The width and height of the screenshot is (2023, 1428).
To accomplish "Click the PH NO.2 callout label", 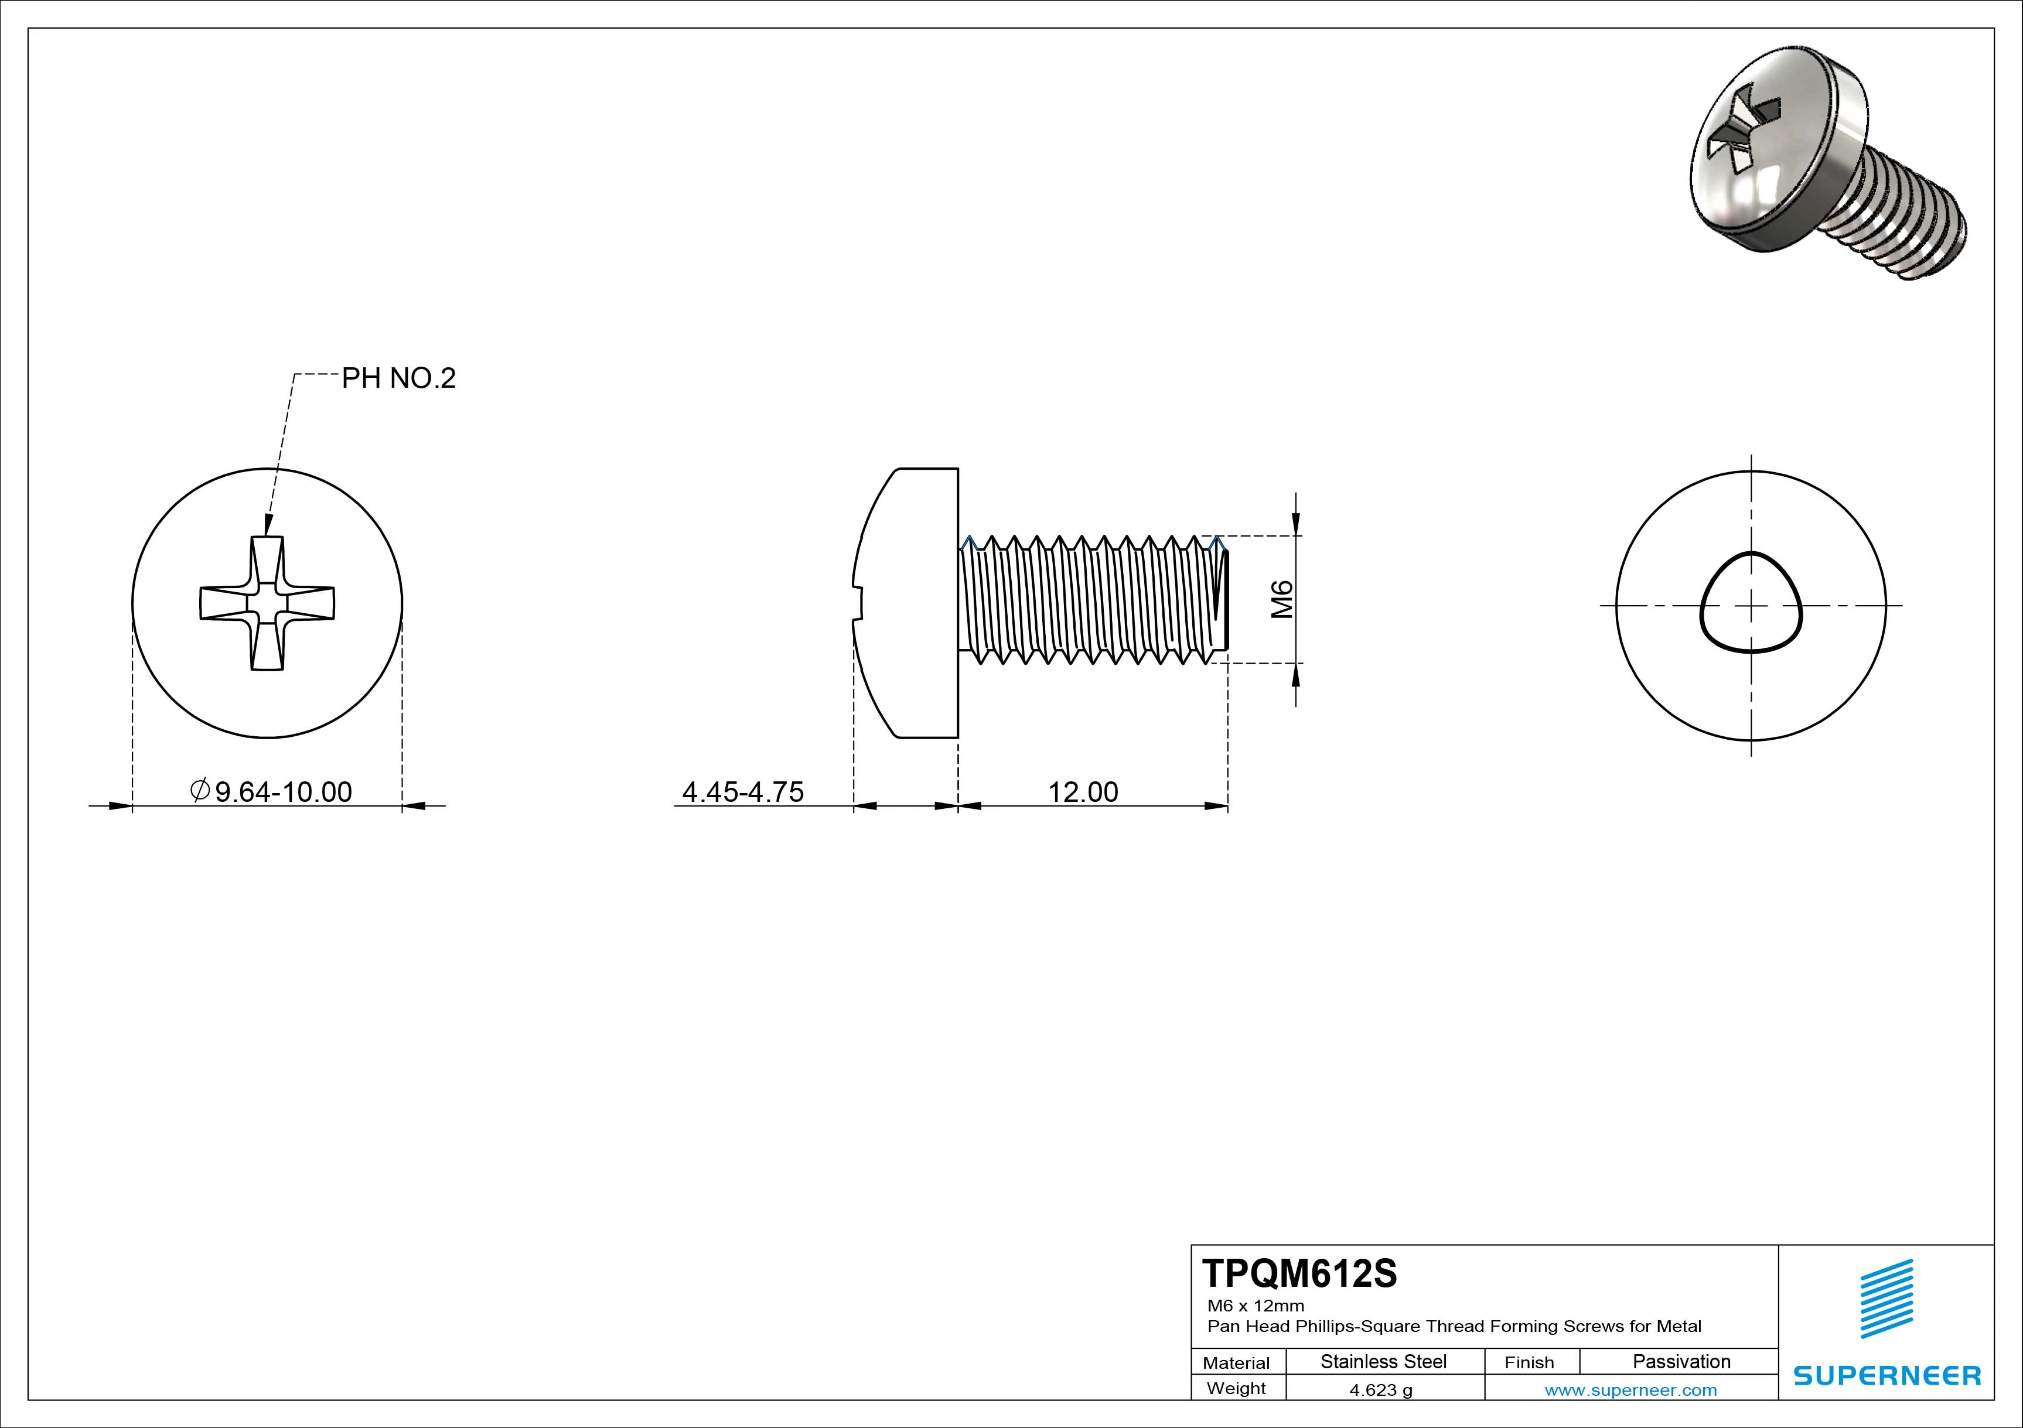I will (x=398, y=379).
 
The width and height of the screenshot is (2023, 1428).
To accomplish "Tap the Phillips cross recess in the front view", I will (x=267, y=603).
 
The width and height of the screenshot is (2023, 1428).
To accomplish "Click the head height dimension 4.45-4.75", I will (x=743, y=792).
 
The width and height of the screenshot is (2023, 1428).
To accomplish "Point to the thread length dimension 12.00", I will (x=1083, y=792).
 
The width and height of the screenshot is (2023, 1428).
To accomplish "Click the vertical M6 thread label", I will (x=1282, y=599).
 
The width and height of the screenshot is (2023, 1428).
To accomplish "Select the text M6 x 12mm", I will (x=1256, y=1306).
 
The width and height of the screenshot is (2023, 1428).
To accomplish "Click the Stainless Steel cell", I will (x=1383, y=1362).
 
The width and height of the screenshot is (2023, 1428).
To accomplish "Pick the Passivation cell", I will (x=1681, y=1362).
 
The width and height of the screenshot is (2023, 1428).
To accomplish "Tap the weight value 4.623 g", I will (x=1381, y=1390).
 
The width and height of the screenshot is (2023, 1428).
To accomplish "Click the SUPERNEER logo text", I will (x=1886, y=1375).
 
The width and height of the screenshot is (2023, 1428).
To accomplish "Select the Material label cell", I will (x=1236, y=1363).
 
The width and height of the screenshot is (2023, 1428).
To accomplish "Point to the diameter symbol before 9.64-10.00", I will (x=200, y=790).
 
